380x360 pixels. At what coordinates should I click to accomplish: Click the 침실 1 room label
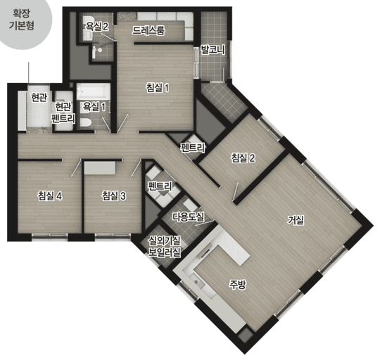click(x=158, y=88)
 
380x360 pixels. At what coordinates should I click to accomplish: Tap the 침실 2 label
click(x=243, y=158)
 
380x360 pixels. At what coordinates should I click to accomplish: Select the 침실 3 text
click(x=114, y=196)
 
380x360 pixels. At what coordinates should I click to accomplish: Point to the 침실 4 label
click(x=50, y=196)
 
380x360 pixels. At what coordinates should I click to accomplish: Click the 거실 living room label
click(x=296, y=220)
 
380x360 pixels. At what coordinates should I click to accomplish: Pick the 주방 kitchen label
click(x=238, y=284)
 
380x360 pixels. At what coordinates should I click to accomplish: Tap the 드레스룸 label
click(x=148, y=31)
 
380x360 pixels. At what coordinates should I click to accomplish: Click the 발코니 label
click(x=213, y=50)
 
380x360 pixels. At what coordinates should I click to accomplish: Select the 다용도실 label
click(x=189, y=217)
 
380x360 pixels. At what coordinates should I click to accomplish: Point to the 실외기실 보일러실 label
click(x=165, y=247)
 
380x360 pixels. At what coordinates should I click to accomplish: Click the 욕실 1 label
click(x=94, y=106)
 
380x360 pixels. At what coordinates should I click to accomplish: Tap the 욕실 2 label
click(x=96, y=27)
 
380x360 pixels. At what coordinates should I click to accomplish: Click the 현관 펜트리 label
click(x=63, y=112)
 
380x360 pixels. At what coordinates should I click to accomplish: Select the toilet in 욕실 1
click(x=85, y=123)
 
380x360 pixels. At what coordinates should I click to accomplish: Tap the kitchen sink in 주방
click(x=198, y=282)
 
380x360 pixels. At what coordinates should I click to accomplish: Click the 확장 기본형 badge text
click(x=22, y=19)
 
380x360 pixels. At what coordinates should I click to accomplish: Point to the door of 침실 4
click(x=76, y=168)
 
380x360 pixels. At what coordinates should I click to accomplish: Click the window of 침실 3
click(x=113, y=236)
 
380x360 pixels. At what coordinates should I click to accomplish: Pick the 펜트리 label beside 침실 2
click(x=193, y=148)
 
